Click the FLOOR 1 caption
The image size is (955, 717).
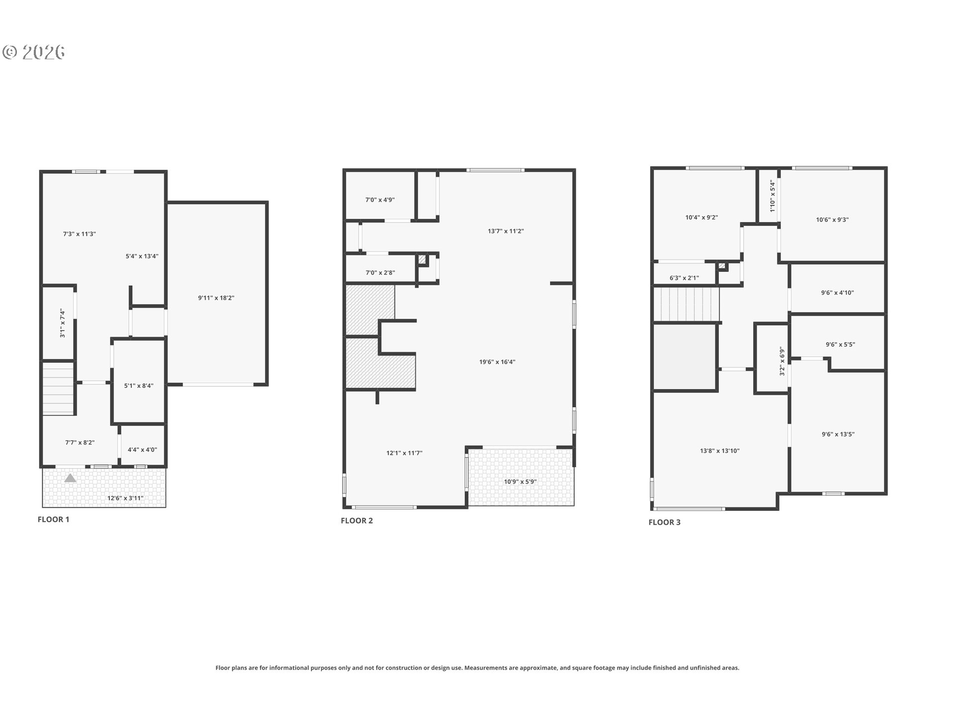point(54,519)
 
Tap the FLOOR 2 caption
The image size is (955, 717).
point(357,521)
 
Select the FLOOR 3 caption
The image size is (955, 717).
point(665,522)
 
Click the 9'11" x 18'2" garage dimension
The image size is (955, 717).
point(216,298)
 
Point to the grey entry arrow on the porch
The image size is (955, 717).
point(70,478)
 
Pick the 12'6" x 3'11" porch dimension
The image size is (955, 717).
point(125,498)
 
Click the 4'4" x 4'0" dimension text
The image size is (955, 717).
point(142,450)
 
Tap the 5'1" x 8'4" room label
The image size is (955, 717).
point(139,385)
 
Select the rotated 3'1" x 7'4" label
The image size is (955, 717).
point(63,324)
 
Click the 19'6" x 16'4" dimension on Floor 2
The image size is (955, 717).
point(497,362)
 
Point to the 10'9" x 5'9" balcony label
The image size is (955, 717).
point(520,481)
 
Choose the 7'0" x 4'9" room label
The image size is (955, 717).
point(380,200)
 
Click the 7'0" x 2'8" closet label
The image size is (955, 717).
point(380,273)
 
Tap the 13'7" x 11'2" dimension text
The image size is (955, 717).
point(506,231)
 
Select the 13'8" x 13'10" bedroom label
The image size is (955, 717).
point(720,451)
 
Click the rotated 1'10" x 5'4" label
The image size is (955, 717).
point(772,197)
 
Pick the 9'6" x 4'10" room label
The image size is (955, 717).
point(838,293)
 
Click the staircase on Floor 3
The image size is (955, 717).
point(686,305)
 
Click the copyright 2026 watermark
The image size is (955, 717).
point(34,52)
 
